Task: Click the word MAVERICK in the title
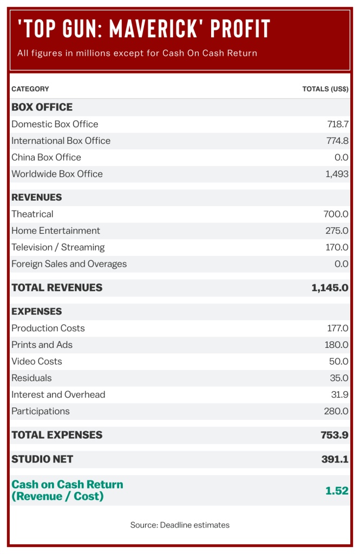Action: pyautogui.click(x=162, y=29)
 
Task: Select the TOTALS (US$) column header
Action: pyautogui.click(x=325, y=89)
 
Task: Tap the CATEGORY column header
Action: pyautogui.click(x=30, y=89)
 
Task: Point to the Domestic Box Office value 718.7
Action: pyautogui.click(x=338, y=124)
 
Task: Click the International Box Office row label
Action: pyautogui.click(x=61, y=141)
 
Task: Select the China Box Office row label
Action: pyautogui.click(x=46, y=157)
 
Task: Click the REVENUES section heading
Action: pyautogui.click(x=37, y=197)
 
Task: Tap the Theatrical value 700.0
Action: pyautogui.click(x=336, y=214)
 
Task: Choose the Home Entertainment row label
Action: pyautogui.click(x=56, y=231)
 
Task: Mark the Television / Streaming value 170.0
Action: pyautogui.click(x=336, y=247)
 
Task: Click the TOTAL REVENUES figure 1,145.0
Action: pyautogui.click(x=330, y=288)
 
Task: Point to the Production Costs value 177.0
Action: pyautogui.click(x=336, y=328)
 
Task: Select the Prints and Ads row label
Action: pyautogui.click(x=42, y=345)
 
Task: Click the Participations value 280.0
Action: pyautogui.click(x=336, y=411)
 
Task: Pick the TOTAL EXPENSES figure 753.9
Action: pyautogui.click(x=334, y=435)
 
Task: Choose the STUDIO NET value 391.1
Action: pyautogui.click(x=335, y=459)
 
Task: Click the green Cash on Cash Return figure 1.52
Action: pyautogui.click(x=337, y=491)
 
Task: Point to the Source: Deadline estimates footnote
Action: pyautogui.click(x=180, y=525)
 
